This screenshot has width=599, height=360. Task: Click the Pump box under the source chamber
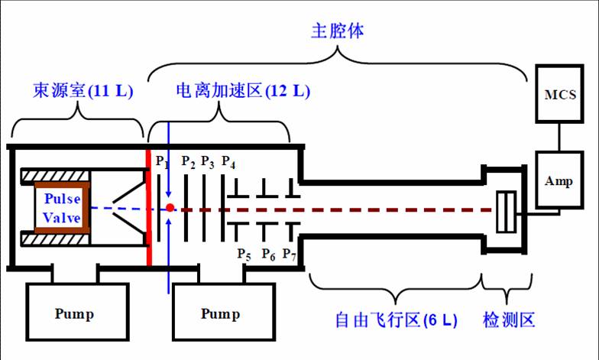coord(79,313)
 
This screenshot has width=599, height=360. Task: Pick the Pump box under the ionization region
coord(220,313)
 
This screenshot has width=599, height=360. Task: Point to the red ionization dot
coord(170,207)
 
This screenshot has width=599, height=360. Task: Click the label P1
coord(161,161)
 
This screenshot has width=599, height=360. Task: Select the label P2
coord(188,161)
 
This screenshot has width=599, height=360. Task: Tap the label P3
coord(208,161)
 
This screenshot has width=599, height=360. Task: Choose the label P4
coord(228,161)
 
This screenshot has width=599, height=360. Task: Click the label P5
coord(244,254)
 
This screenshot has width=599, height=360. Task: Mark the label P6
coord(267,254)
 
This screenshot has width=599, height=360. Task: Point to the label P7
coord(290,254)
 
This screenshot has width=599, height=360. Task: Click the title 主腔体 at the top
coord(337,31)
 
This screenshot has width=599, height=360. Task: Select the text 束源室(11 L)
coord(83,91)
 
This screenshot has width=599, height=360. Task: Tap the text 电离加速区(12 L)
coord(243,91)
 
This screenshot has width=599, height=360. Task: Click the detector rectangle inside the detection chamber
coord(506,211)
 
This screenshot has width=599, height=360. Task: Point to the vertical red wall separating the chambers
coord(148,206)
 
